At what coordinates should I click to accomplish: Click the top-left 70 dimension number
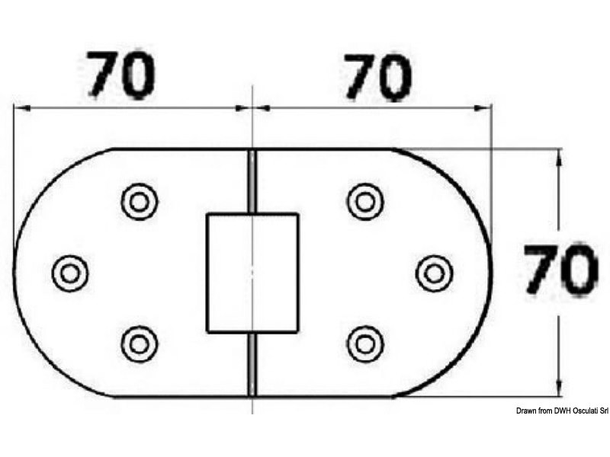pyautogui.click(x=122, y=75)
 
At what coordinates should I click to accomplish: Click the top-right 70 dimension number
pyautogui.click(x=378, y=76)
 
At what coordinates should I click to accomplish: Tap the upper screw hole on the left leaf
pyautogui.click(x=139, y=202)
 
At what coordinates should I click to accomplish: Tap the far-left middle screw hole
pyautogui.click(x=70, y=272)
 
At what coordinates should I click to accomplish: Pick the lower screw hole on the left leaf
pyautogui.click(x=139, y=343)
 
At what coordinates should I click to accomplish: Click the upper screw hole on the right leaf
pyautogui.click(x=365, y=202)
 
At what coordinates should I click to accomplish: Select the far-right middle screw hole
pyautogui.click(x=435, y=273)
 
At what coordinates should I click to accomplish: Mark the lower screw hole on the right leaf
pyautogui.click(x=365, y=343)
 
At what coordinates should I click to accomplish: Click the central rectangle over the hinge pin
pyautogui.click(x=252, y=273)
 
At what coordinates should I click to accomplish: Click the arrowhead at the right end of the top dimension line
pyautogui.click(x=485, y=107)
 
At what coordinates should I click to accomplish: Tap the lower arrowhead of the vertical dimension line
pyautogui.click(x=560, y=389)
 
